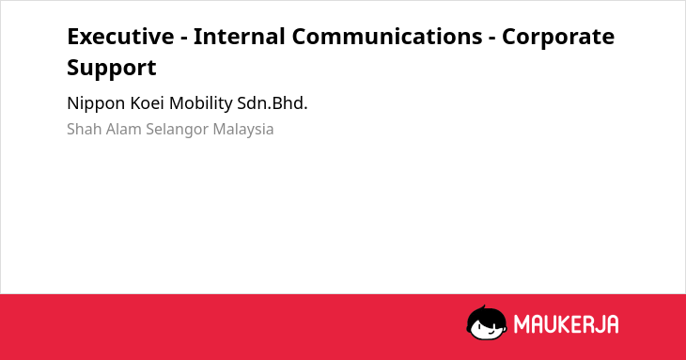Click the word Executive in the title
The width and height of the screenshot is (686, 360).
click(120, 37)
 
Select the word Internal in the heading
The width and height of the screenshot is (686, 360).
click(240, 37)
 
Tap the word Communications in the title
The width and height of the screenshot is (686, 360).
click(387, 37)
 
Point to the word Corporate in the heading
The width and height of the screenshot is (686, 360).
click(558, 38)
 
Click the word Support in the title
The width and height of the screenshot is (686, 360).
click(112, 69)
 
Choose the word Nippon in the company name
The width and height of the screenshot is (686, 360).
click(96, 104)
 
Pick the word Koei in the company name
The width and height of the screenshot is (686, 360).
click(147, 103)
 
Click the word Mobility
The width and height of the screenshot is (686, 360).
click(201, 104)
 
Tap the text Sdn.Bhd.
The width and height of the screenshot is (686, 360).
click(273, 103)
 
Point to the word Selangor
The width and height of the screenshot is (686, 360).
click(178, 130)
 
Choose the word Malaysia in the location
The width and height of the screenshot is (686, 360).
click(243, 130)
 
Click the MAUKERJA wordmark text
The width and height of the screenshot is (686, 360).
click(566, 324)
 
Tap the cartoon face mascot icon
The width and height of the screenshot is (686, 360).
click(487, 322)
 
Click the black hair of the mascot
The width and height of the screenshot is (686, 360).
click(486, 314)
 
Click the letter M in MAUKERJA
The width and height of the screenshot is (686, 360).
click(522, 324)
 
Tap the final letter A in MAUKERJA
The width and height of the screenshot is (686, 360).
click(612, 324)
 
